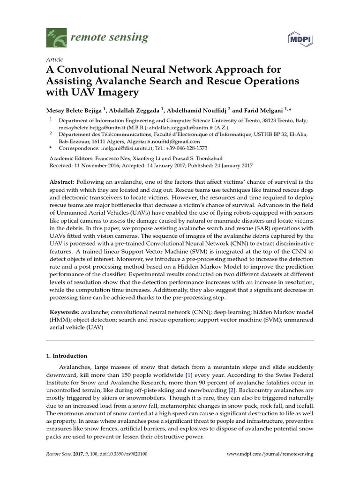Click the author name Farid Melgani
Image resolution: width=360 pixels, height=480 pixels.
[x=262, y=111]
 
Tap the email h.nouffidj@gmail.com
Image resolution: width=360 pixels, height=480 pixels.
[x=173, y=141]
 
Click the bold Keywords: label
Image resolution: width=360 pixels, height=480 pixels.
[x=64, y=312]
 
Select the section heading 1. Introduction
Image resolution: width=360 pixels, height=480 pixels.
[x=66, y=356]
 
